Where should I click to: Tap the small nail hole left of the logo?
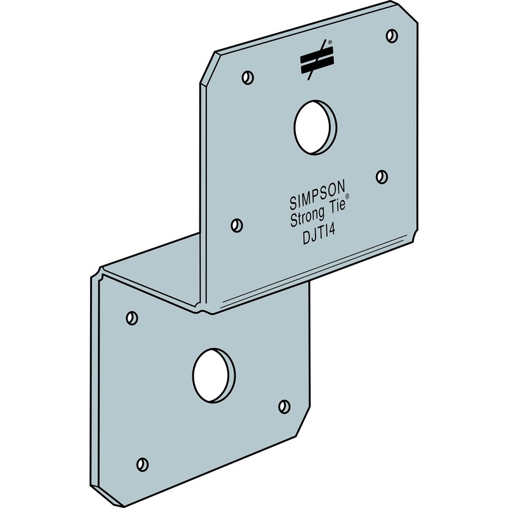coord(248,78)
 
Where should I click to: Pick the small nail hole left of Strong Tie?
coord(236,224)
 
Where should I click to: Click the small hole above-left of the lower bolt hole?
coord(131,316)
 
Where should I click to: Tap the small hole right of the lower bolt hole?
coord(284,405)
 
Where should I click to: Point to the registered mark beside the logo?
coord(330,43)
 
